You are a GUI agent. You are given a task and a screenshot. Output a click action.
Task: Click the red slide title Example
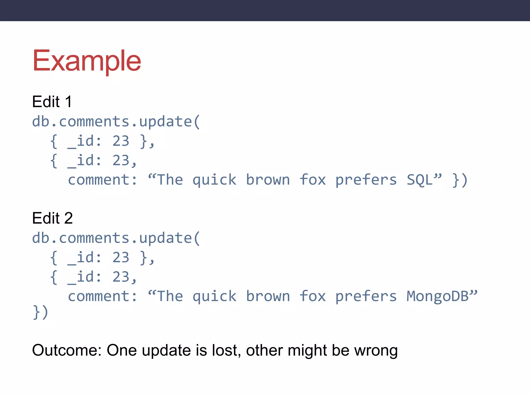[x=87, y=61]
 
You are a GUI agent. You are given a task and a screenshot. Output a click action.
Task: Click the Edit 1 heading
[x=52, y=102]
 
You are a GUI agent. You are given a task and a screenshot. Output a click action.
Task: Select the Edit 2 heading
[x=52, y=218]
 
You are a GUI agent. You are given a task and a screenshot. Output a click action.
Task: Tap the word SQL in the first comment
[x=419, y=180]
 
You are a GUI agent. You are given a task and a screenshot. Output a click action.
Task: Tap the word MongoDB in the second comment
[x=437, y=296]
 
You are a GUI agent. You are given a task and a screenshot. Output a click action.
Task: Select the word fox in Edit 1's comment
[x=313, y=180]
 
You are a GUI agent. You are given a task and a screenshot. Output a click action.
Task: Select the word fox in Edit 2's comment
[x=313, y=296]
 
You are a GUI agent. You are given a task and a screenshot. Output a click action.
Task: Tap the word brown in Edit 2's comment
[x=268, y=296]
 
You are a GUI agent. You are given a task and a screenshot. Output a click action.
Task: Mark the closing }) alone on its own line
[x=40, y=312]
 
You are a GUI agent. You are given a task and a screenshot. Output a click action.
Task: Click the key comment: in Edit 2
[x=102, y=296]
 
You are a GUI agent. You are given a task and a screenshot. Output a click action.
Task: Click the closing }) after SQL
[x=460, y=180]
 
